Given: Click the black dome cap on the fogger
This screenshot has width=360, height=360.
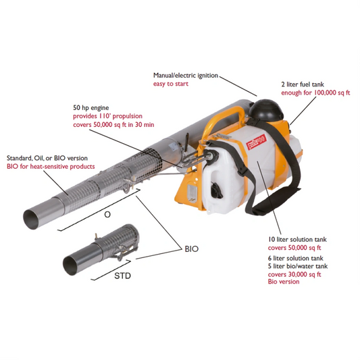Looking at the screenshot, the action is pos(265,110).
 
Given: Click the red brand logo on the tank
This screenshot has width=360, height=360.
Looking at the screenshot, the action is pos(256,142).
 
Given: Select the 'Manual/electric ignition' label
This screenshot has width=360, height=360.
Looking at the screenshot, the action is pos(186,75).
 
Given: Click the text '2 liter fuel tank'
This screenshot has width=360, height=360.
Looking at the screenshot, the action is pos(303,84).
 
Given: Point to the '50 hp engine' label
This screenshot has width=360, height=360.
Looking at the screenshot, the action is pos(91,107).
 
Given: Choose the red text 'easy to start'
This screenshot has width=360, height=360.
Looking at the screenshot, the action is pos(171,84).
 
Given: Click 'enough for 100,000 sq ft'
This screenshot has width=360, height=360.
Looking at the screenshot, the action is pos(315,93).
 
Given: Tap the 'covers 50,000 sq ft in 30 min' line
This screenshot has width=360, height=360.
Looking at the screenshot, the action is pos(113,125).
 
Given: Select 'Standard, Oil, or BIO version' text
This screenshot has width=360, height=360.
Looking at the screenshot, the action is pos(47,158).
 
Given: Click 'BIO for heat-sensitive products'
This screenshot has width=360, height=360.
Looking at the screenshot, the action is pos(51,166).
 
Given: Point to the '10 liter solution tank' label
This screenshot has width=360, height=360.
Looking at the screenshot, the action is pos(297,240).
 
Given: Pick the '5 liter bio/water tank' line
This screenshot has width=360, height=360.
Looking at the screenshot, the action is pos(298,266).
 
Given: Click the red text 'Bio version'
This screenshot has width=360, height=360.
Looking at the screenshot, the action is pos(284,282).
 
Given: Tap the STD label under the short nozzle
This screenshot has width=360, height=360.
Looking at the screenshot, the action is pos(122,276).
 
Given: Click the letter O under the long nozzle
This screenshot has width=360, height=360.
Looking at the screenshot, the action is pos(107,214).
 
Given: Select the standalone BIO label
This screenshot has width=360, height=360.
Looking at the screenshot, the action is pos(191,249).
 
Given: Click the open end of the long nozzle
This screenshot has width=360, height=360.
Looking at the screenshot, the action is pos(32,220).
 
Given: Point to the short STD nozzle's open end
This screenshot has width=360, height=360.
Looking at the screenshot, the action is pos(70,266).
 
